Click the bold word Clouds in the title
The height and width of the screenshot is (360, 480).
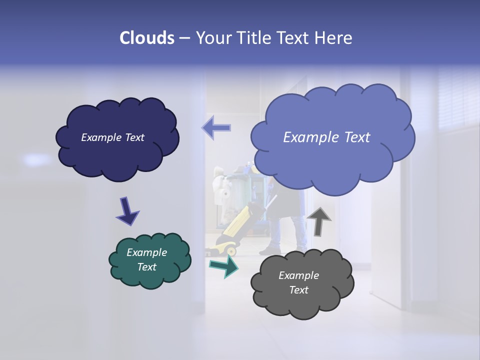(147, 38)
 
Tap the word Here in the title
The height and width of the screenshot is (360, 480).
(334, 38)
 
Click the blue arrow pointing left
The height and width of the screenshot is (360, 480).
(216, 127)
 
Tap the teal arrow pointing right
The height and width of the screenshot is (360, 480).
(224, 266)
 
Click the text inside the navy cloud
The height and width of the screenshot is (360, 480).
(112, 137)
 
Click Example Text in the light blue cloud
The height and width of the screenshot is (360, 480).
(326, 137)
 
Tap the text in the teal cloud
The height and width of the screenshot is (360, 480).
(146, 259)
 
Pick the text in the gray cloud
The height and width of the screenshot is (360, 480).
(298, 282)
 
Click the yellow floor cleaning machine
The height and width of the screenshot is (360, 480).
(235, 230)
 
